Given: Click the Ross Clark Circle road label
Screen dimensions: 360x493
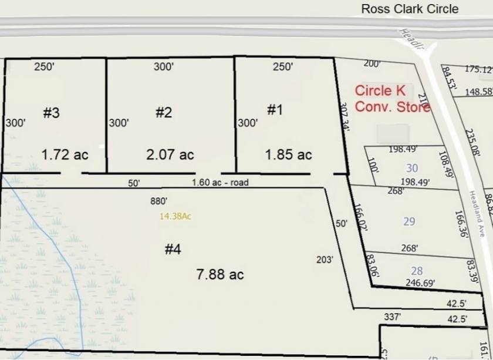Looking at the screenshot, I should tap(410, 9).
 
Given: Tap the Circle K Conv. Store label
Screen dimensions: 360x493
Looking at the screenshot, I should tap(392, 99).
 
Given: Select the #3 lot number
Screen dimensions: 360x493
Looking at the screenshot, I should tap(52, 113).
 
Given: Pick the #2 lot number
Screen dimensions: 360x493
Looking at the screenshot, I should tap(164, 113).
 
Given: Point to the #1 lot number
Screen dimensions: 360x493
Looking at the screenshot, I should tap(275, 110).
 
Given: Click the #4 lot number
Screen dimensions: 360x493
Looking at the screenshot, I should tap(173, 250).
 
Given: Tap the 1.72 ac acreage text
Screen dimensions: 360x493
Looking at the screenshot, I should tap(65, 154).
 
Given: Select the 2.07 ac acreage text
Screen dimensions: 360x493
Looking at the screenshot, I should tap(170, 154).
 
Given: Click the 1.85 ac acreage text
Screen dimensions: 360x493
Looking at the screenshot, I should tap(288, 154).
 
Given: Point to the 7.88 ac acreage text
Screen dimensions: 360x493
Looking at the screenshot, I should tap(220, 274).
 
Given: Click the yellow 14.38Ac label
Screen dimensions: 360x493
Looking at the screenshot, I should tap(175, 216).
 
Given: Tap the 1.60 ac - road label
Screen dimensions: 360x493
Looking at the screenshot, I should tap(220, 183).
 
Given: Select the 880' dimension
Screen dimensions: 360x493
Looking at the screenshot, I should tap(159, 201).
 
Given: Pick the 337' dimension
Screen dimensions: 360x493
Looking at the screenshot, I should tap(392, 317).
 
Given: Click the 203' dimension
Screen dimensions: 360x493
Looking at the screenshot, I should tap(325, 259).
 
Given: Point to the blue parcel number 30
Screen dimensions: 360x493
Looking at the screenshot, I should tap(412, 169).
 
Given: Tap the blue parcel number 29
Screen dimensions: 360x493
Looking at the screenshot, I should tap(410, 221).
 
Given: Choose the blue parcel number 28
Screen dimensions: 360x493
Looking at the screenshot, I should tap(417, 271).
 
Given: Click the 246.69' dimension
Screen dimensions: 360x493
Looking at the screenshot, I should tap(420, 283).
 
